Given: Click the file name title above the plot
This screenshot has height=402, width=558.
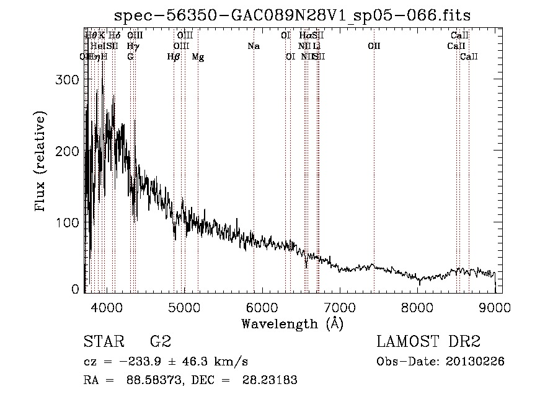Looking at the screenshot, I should (x=297, y=15).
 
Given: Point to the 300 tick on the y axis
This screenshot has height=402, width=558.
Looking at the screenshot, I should (x=69, y=80).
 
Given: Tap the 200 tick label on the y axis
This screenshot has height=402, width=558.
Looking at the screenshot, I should (x=69, y=151).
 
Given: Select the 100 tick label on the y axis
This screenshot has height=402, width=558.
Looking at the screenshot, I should (x=69, y=222).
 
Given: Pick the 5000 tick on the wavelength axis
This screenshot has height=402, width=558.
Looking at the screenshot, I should (x=184, y=307).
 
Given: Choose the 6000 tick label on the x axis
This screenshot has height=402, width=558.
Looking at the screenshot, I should (x=262, y=307).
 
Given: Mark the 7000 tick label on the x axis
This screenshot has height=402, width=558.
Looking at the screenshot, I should (x=340, y=307).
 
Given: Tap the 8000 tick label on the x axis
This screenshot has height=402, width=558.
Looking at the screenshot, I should (x=418, y=307).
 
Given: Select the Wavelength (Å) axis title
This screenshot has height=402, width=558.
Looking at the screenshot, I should (x=292, y=323).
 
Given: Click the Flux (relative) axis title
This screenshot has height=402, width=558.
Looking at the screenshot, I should (x=42, y=162).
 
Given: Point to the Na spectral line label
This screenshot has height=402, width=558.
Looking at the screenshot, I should (x=253, y=46).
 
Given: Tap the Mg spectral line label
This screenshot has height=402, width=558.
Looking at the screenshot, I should (x=198, y=57).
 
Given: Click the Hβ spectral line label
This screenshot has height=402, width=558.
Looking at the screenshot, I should (x=174, y=57).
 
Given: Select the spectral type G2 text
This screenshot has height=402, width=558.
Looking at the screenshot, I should (x=161, y=342).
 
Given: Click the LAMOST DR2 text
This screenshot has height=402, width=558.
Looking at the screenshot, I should (x=428, y=342).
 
